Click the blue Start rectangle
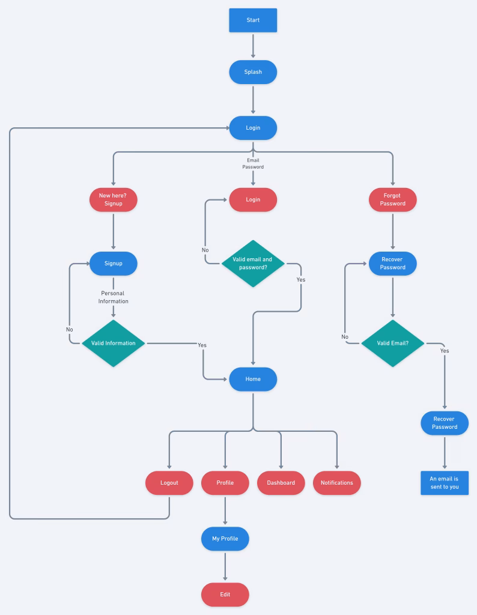(253, 20)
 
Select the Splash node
(253, 72)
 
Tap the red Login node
(253, 199)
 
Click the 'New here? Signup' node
(113, 199)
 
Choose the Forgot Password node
(392, 199)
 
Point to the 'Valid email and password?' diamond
(252, 263)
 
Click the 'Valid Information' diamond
(113, 343)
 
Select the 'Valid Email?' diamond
(392, 343)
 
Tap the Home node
(253, 379)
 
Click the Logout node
(169, 483)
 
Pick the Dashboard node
(281, 483)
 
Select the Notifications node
(336, 483)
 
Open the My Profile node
(225, 539)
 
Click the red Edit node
(225, 595)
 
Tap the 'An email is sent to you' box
(444, 483)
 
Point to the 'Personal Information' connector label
(113, 297)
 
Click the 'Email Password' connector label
(253, 163)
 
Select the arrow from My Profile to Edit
(225, 566)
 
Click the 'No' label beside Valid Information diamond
(70, 329)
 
